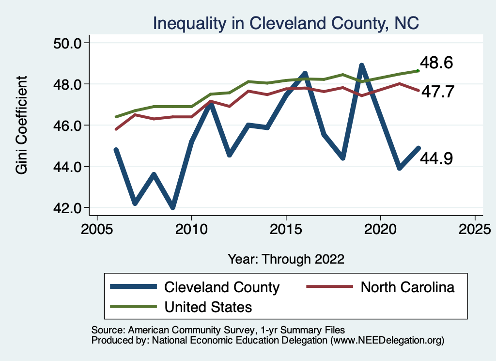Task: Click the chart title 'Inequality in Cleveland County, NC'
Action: (x=286, y=23)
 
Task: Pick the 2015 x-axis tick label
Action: (x=286, y=228)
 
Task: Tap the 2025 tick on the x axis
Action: (x=475, y=228)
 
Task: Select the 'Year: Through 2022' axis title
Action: (x=286, y=259)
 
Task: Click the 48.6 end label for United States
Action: (x=436, y=63)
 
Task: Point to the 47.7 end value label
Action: (x=436, y=92)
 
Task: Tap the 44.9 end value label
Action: (x=436, y=158)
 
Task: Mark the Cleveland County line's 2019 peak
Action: (x=361, y=65)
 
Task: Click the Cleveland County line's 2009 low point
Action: (x=172, y=207)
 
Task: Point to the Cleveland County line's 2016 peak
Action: (x=305, y=74)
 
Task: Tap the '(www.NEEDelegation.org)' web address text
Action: (x=387, y=340)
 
